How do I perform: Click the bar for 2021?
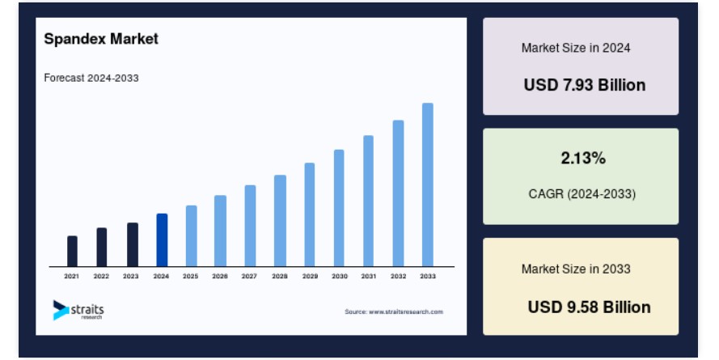pyautogui.click(x=72, y=251)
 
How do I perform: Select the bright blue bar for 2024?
pyautogui.click(x=162, y=239)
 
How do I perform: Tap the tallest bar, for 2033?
pyautogui.click(x=427, y=184)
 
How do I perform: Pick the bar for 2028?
pyautogui.click(x=280, y=221)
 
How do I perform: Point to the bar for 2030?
pyautogui.click(x=339, y=208)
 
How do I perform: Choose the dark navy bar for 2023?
pyautogui.click(x=133, y=244)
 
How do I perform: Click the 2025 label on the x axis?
pyautogui.click(x=190, y=276)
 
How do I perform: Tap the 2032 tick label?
pyautogui.click(x=398, y=276)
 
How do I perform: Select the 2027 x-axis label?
pyautogui.click(x=249, y=276)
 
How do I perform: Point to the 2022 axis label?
pyautogui.click(x=101, y=276)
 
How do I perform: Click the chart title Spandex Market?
pyautogui.click(x=101, y=39)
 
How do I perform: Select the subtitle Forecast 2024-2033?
pyautogui.click(x=91, y=78)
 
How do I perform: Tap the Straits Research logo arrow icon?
pyautogui.click(x=61, y=310)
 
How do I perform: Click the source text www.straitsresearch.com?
pyautogui.click(x=406, y=311)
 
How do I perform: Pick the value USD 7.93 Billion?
pyautogui.click(x=585, y=85)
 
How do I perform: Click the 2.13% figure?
pyautogui.click(x=583, y=159)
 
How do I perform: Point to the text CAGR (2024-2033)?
pyautogui.click(x=582, y=194)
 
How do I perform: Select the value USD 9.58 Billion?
pyautogui.click(x=590, y=307)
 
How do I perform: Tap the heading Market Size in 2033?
pyautogui.click(x=576, y=269)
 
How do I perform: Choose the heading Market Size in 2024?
pyautogui.click(x=576, y=48)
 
